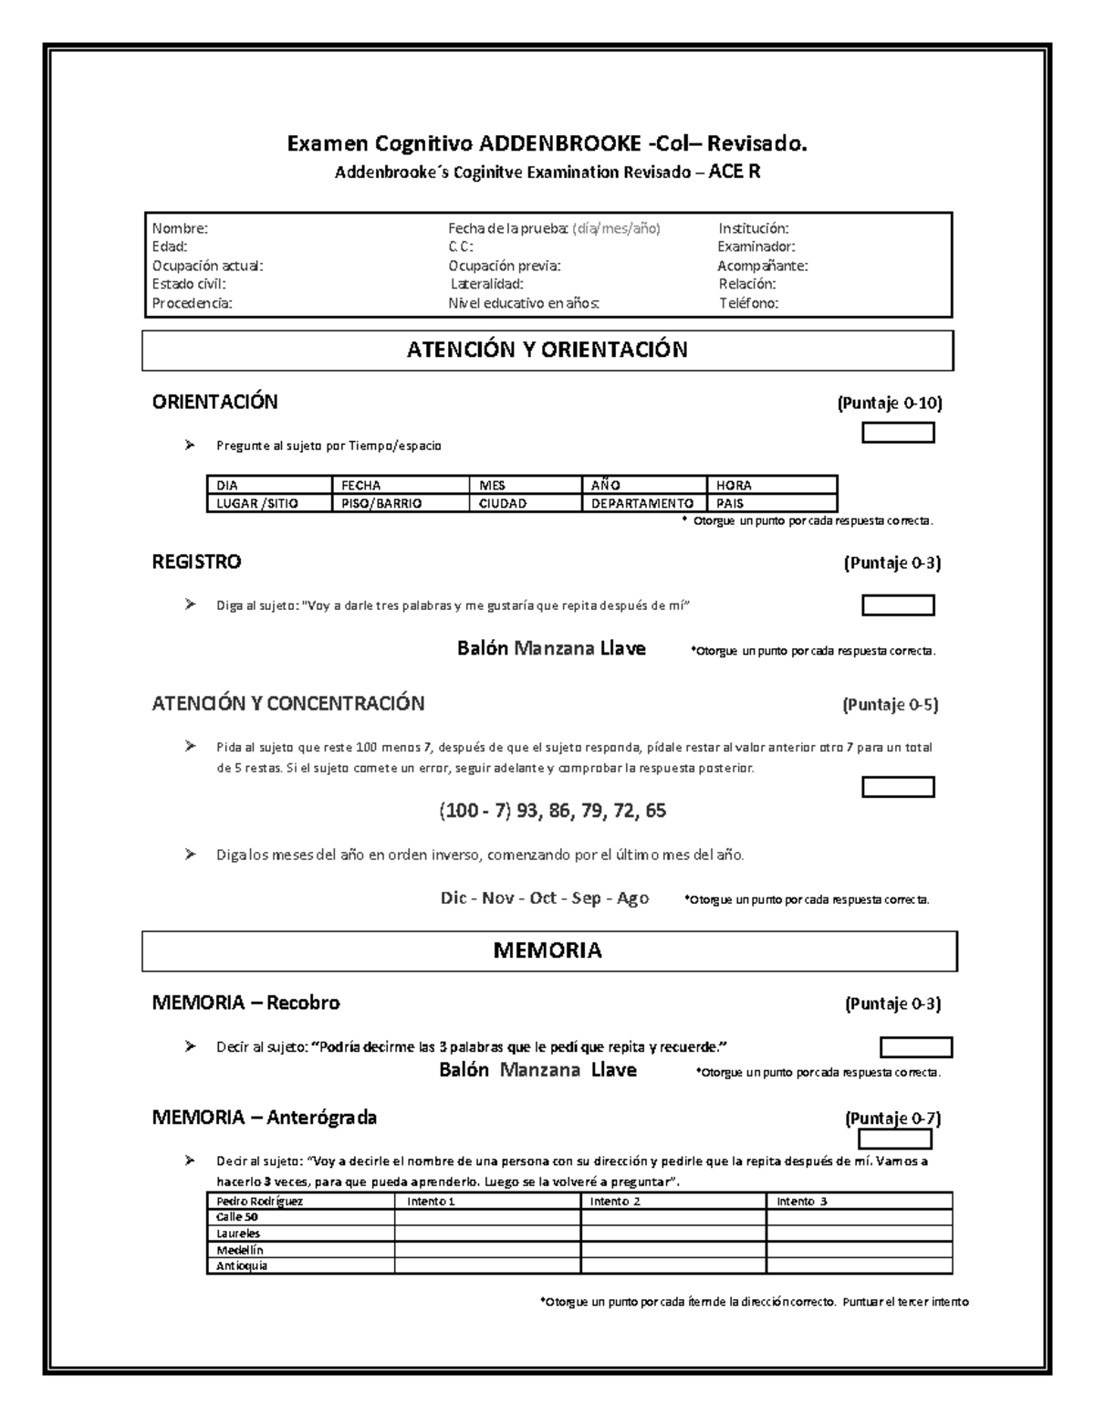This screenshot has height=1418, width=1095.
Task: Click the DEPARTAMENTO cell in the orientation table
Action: pos(641,503)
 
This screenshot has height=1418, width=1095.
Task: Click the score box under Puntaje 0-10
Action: pos(898,433)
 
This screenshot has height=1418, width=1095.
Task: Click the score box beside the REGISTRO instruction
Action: pos(898,605)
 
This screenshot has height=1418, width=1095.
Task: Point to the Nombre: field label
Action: pos(180,228)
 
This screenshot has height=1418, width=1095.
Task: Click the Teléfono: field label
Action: pos(748,303)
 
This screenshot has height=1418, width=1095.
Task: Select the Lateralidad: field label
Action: pos(487,284)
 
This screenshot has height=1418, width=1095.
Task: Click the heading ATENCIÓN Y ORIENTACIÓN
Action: pos(547,350)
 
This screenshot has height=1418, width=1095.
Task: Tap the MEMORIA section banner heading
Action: pos(547,951)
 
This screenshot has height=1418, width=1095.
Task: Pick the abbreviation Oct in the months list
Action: pos(543,898)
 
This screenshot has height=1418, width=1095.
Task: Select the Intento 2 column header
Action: pos(615,1202)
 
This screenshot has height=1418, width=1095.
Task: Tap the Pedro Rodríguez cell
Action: pos(259,1202)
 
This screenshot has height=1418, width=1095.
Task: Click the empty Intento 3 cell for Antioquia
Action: pos(859,1266)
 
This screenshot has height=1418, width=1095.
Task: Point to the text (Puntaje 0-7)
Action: pos(892,1119)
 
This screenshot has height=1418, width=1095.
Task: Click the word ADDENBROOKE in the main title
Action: pos(560,144)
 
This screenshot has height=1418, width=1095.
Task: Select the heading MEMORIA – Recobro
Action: pos(245,1003)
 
